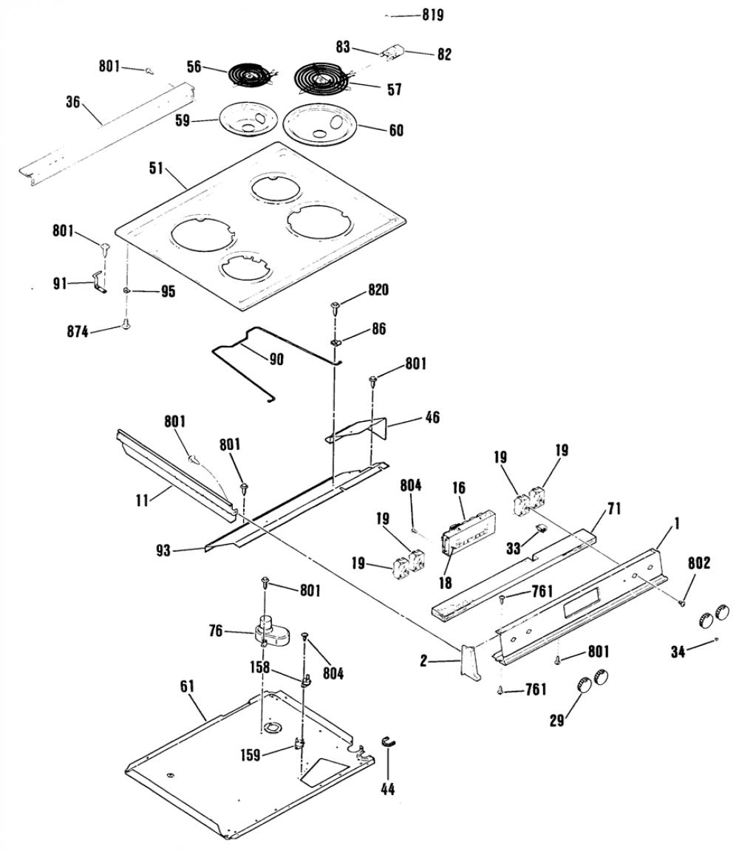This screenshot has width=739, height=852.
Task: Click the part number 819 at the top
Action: click(432, 16)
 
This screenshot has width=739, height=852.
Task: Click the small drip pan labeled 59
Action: click(248, 120)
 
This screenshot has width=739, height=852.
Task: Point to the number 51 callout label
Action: click(156, 168)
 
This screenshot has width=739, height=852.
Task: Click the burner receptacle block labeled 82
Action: click(392, 52)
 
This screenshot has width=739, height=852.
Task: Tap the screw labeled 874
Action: click(126, 324)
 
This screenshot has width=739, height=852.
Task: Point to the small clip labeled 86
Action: click(336, 343)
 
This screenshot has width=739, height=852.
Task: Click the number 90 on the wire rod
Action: click(276, 359)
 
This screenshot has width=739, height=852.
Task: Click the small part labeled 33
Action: click(541, 528)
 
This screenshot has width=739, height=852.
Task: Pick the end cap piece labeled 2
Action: click(470, 661)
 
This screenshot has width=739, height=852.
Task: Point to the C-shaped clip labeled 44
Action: click(389, 743)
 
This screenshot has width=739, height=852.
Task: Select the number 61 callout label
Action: click(187, 686)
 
